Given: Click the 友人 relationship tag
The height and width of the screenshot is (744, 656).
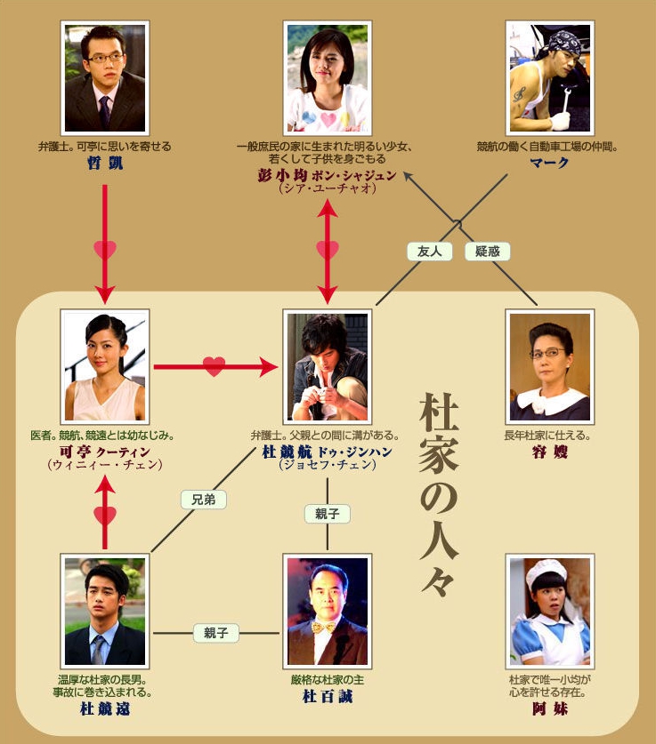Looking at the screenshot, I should point(429,252).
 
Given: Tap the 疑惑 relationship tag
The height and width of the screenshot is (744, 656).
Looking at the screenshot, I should point(487,252).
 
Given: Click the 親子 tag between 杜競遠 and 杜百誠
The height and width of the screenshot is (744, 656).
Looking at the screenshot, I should point(216,633).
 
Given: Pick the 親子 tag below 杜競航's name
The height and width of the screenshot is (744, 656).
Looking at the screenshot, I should point(327,514).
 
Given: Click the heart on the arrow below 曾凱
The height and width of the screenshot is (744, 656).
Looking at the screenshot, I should point(105,250).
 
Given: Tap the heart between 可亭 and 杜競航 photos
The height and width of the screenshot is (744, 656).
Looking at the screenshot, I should point(214,364).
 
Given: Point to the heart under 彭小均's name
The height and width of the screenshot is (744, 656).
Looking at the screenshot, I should point(328,250).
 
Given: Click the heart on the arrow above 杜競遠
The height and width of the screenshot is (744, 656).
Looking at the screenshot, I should point(105,515).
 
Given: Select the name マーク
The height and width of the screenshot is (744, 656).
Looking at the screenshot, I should point(548,162).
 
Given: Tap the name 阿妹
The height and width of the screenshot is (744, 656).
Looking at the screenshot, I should point(548,709).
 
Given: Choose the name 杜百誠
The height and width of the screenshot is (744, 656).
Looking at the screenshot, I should point(327,696).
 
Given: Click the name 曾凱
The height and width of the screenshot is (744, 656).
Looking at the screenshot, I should point(105,162).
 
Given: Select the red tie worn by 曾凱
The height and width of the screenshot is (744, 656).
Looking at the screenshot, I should point(104,111).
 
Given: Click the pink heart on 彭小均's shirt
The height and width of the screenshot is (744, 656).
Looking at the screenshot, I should point(328,118).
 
